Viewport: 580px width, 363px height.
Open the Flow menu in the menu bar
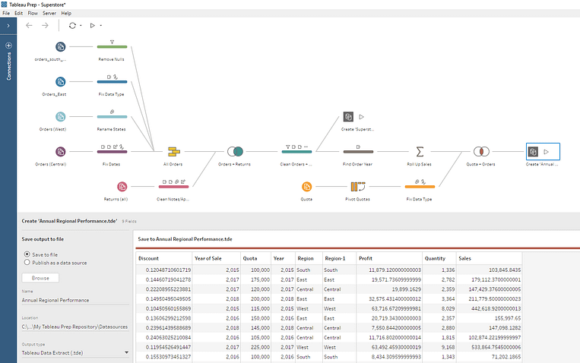(x=33, y=13)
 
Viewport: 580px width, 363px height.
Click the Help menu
(x=66, y=13)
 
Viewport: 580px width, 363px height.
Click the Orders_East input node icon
(x=61, y=81)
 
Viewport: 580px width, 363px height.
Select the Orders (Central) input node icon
(x=61, y=151)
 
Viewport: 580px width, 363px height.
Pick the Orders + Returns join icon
(x=235, y=151)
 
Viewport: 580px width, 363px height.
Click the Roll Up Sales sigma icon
(x=420, y=151)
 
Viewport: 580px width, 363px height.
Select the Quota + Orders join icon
(x=480, y=151)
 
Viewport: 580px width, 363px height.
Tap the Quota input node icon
(x=306, y=186)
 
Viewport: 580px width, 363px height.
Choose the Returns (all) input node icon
(x=122, y=186)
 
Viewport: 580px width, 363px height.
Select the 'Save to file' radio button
(x=28, y=254)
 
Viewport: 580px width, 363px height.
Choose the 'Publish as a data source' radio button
(x=28, y=262)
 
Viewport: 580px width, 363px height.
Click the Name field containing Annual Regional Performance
(x=74, y=300)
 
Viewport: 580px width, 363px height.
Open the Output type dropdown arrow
(x=125, y=353)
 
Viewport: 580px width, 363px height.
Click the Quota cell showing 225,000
(x=259, y=346)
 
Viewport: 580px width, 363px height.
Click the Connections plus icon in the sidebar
(x=8, y=46)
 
